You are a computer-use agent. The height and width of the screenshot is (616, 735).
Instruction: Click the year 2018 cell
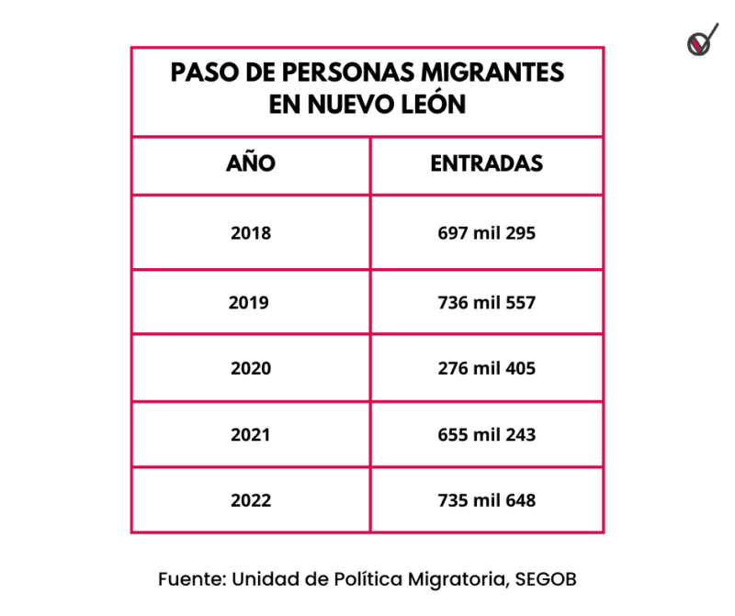[x=250, y=233]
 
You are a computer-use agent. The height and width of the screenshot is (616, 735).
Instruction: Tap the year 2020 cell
[x=250, y=368]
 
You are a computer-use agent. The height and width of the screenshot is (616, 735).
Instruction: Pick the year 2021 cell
[x=250, y=434]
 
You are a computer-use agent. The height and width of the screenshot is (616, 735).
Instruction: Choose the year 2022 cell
[x=250, y=501]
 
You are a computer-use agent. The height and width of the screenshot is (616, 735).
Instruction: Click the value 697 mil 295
[x=487, y=233]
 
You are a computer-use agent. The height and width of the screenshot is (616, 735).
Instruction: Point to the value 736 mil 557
[x=487, y=302]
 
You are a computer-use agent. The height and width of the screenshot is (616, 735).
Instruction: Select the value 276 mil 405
[x=487, y=368]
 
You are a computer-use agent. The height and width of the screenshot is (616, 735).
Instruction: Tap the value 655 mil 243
[x=487, y=434]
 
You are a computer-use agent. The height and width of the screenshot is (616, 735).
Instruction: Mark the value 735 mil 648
[x=487, y=501]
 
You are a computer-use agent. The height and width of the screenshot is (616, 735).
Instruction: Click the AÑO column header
[x=250, y=164]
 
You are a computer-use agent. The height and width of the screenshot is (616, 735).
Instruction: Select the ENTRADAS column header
[x=487, y=164]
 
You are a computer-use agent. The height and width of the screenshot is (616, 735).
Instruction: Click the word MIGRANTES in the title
[x=489, y=73]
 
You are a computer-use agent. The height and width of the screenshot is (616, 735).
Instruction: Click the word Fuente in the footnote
[x=190, y=579]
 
